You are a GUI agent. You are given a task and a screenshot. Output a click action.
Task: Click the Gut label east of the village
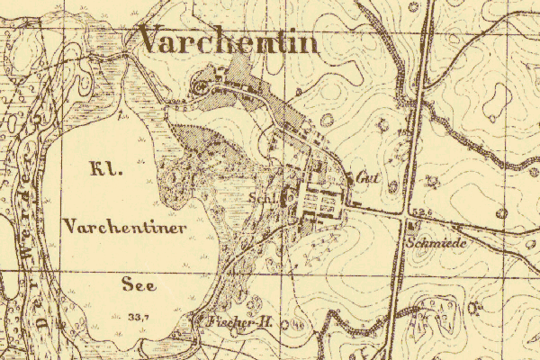tap(364, 177)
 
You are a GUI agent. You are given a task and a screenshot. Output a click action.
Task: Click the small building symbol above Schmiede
tap(412, 225)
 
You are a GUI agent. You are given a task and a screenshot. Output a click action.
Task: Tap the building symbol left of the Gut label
tap(350, 178)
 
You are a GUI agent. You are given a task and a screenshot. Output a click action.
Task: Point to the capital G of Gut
tap(358, 177)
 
